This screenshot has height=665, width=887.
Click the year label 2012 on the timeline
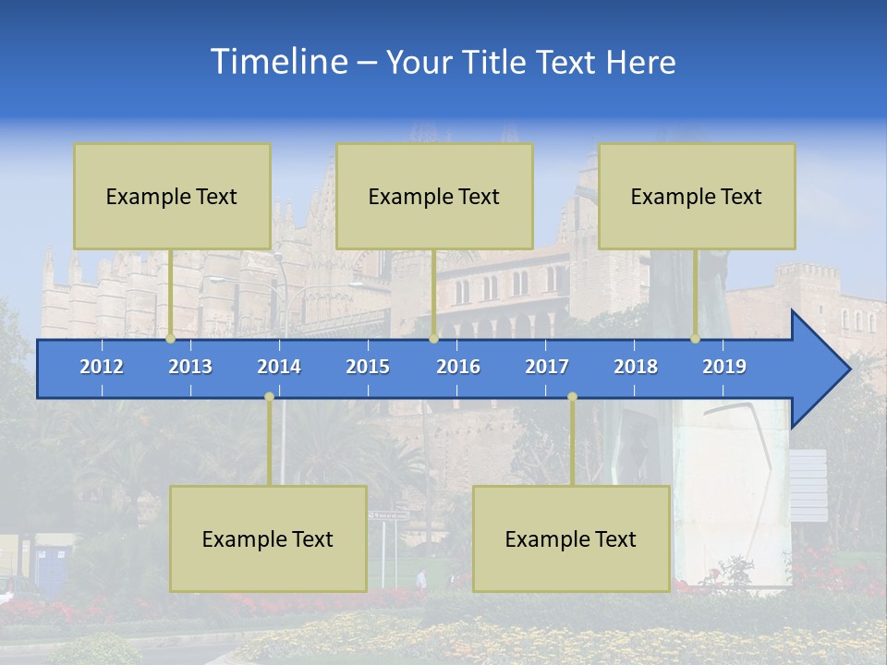(x=102, y=367)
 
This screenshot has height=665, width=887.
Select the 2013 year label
(x=190, y=367)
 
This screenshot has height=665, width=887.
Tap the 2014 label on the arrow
(x=279, y=367)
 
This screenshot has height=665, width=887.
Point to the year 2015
(x=368, y=367)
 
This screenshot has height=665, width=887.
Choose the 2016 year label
(x=458, y=367)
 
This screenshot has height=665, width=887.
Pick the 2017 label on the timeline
(x=547, y=367)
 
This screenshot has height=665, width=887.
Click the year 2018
(x=636, y=367)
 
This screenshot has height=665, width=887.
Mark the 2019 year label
(x=724, y=367)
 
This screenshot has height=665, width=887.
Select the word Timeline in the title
(x=277, y=62)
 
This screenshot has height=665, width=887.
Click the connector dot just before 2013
(x=170, y=339)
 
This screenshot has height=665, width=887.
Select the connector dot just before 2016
(x=433, y=339)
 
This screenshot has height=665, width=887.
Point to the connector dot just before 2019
(x=695, y=339)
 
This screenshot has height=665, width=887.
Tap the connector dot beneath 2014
(x=269, y=397)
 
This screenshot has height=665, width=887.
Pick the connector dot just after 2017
(x=572, y=397)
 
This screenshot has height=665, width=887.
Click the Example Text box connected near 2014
(x=268, y=538)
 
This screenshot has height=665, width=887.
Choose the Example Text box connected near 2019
(x=697, y=196)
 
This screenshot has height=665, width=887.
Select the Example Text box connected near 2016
(x=434, y=196)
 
